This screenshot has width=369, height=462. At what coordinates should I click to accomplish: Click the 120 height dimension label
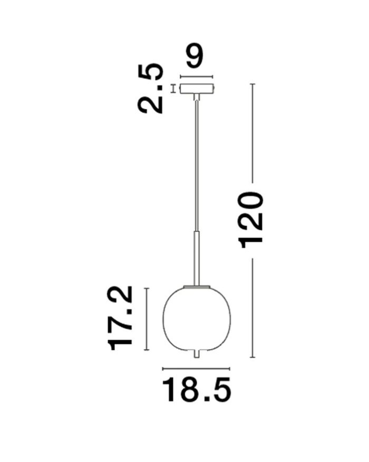coord(251,220)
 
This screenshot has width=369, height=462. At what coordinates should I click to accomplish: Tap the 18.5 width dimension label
coord(197,390)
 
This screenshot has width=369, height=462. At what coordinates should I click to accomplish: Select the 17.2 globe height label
coord(121,318)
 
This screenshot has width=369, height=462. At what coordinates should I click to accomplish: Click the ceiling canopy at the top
coord(197,89)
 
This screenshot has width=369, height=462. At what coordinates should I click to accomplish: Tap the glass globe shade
coord(197,319)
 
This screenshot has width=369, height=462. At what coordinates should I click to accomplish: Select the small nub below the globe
coord(197,354)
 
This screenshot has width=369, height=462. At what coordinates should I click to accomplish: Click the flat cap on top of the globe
coord(197,286)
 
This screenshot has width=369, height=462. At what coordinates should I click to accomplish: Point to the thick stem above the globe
coord(197,258)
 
